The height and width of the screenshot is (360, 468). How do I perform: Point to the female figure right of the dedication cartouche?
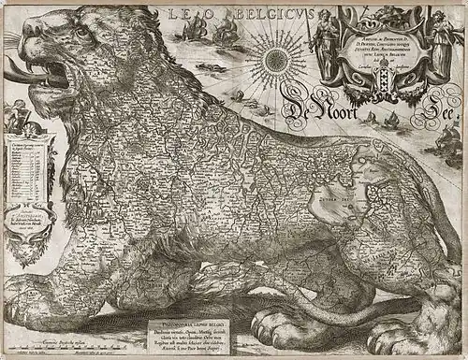pos(439,37)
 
